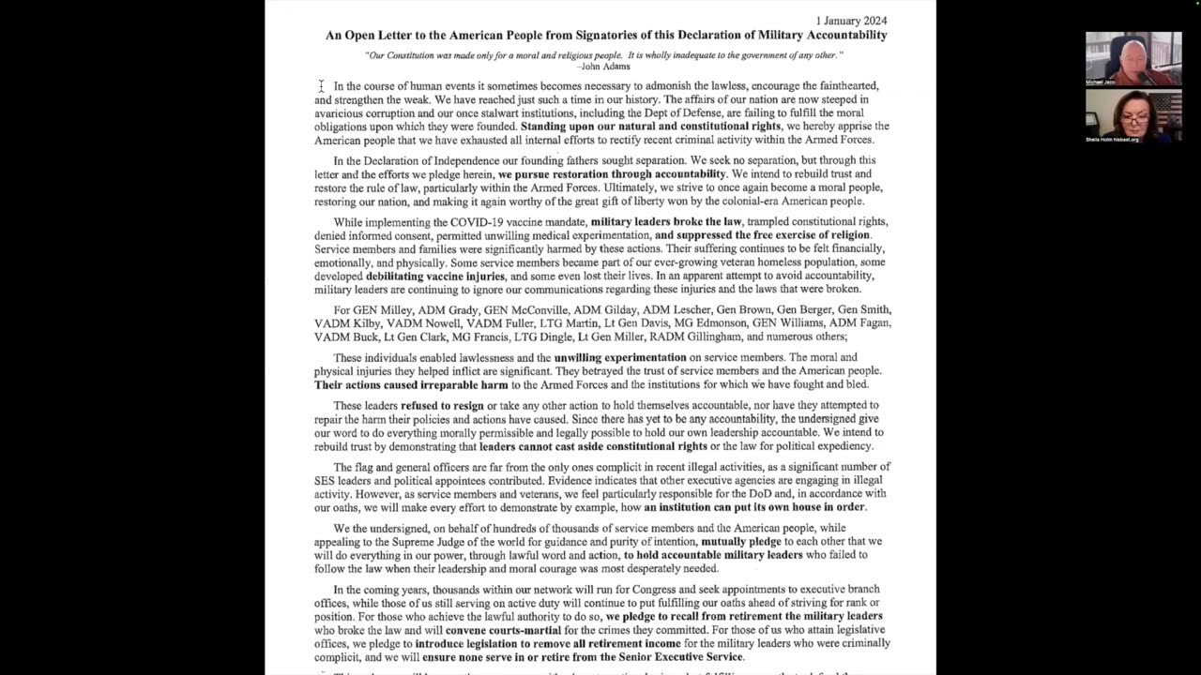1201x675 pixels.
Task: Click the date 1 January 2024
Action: (851, 21)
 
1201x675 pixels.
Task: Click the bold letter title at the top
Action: (606, 36)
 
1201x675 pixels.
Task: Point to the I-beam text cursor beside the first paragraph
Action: (321, 86)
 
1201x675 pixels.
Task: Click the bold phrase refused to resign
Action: (443, 406)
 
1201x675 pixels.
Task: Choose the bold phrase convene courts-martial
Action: (507, 630)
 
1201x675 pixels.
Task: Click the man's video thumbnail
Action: (1133, 58)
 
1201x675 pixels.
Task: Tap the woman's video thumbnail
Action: (1133, 114)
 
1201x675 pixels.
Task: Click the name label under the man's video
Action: (1101, 82)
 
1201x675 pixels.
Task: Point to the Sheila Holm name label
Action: (1112, 140)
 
